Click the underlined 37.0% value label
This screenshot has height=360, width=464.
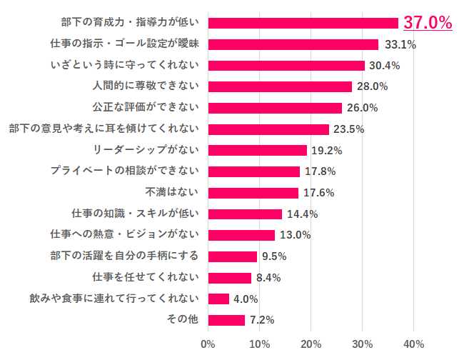pos(428,23)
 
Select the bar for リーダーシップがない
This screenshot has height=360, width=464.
pos(257,151)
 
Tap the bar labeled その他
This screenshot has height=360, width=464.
pos(226,320)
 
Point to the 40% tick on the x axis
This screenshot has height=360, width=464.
pos(413,344)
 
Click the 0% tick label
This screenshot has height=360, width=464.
pos(208,344)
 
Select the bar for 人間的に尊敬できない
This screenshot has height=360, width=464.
pos(280,87)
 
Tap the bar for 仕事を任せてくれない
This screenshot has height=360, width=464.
pos(229,278)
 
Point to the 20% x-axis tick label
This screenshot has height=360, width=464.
pos(311,344)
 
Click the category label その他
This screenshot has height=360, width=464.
pos(183,320)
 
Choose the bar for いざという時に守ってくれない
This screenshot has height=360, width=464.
pos(286,66)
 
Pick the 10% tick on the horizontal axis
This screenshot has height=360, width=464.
pos(259,344)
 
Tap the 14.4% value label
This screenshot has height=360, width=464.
pos(303,214)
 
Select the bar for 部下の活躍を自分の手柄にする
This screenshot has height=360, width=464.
pos(232,256)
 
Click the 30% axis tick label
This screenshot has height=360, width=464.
pos(362,344)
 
